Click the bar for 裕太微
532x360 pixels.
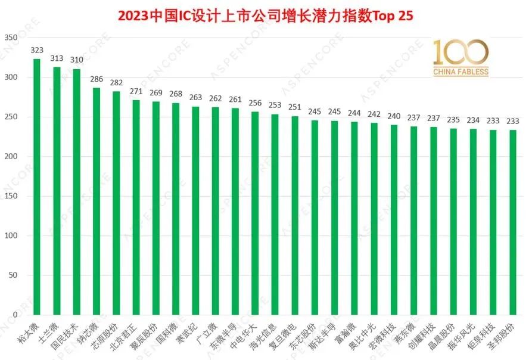(37, 187)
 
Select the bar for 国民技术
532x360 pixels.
(77, 192)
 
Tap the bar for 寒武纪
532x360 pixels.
(195, 210)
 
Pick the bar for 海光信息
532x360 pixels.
(275, 215)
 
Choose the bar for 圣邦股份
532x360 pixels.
(513, 222)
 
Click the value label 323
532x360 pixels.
(37, 50)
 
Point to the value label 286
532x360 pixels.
(97, 79)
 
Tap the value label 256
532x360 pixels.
(255, 103)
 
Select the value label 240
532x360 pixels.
(394, 116)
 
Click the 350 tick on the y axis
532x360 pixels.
(11, 38)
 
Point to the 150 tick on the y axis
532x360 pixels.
(11, 195)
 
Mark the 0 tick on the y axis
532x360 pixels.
(15, 315)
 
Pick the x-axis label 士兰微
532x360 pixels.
(49, 333)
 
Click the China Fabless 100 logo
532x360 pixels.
(461, 57)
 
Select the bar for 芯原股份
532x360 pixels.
(116, 203)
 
